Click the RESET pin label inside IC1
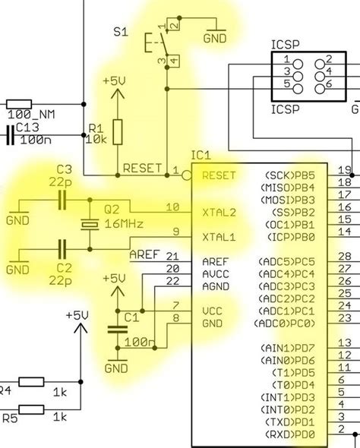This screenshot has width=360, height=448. (219, 175)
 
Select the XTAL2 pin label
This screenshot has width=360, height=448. (219, 213)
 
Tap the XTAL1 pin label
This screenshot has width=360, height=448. (219, 238)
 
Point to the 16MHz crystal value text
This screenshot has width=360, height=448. (125, 224)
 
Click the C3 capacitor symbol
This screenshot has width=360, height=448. (63, 200)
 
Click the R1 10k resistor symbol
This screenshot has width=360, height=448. (117, 131)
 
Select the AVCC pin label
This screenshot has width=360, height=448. (216, 274)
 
